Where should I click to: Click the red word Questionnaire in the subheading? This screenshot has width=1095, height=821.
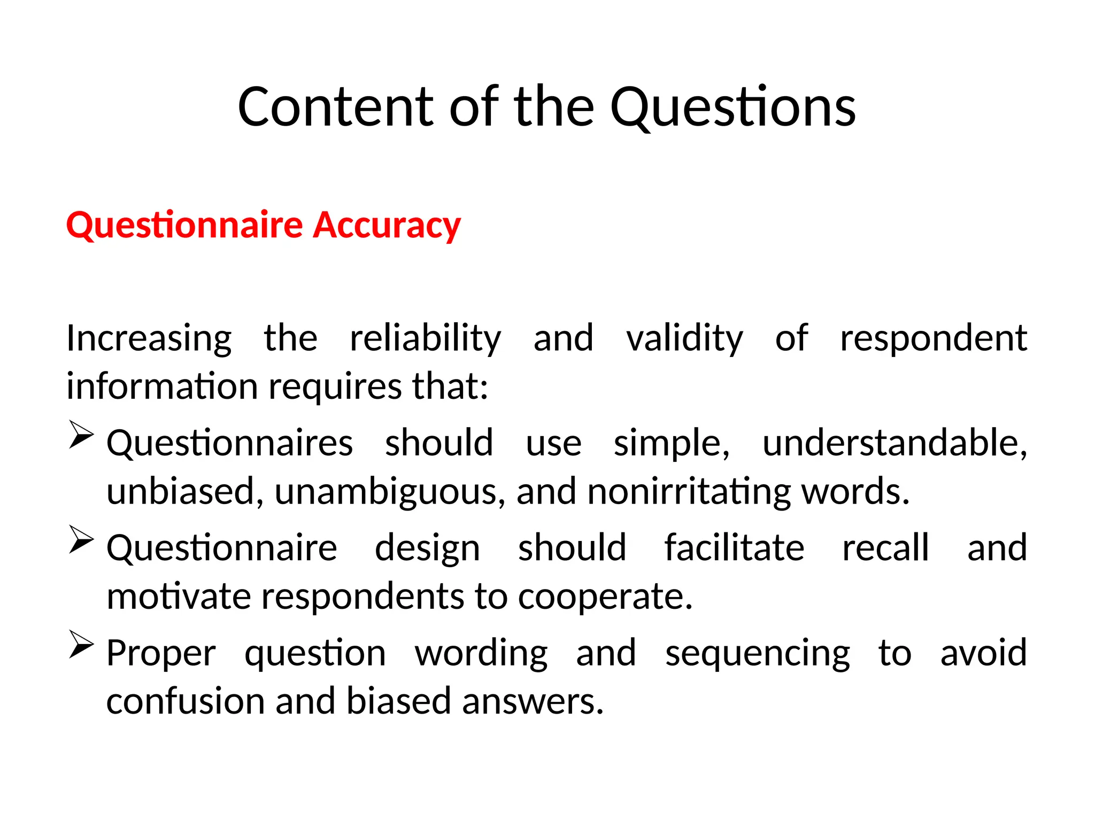[x=184, y=226]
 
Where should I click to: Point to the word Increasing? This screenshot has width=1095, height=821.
[x=149, y=339]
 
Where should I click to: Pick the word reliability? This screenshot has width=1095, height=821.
[x=425, y=339]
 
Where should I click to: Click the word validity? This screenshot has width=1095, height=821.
[x=684, y=339]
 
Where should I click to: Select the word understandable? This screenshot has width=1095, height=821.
[x=894, y=444]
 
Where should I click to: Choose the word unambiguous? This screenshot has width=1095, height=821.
[x=390, y=492]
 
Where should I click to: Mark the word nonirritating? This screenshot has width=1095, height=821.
[x=689, y=492]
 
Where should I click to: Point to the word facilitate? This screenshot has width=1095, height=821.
[x=734, y=548]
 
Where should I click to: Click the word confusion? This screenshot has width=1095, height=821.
[x=185, y=702]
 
